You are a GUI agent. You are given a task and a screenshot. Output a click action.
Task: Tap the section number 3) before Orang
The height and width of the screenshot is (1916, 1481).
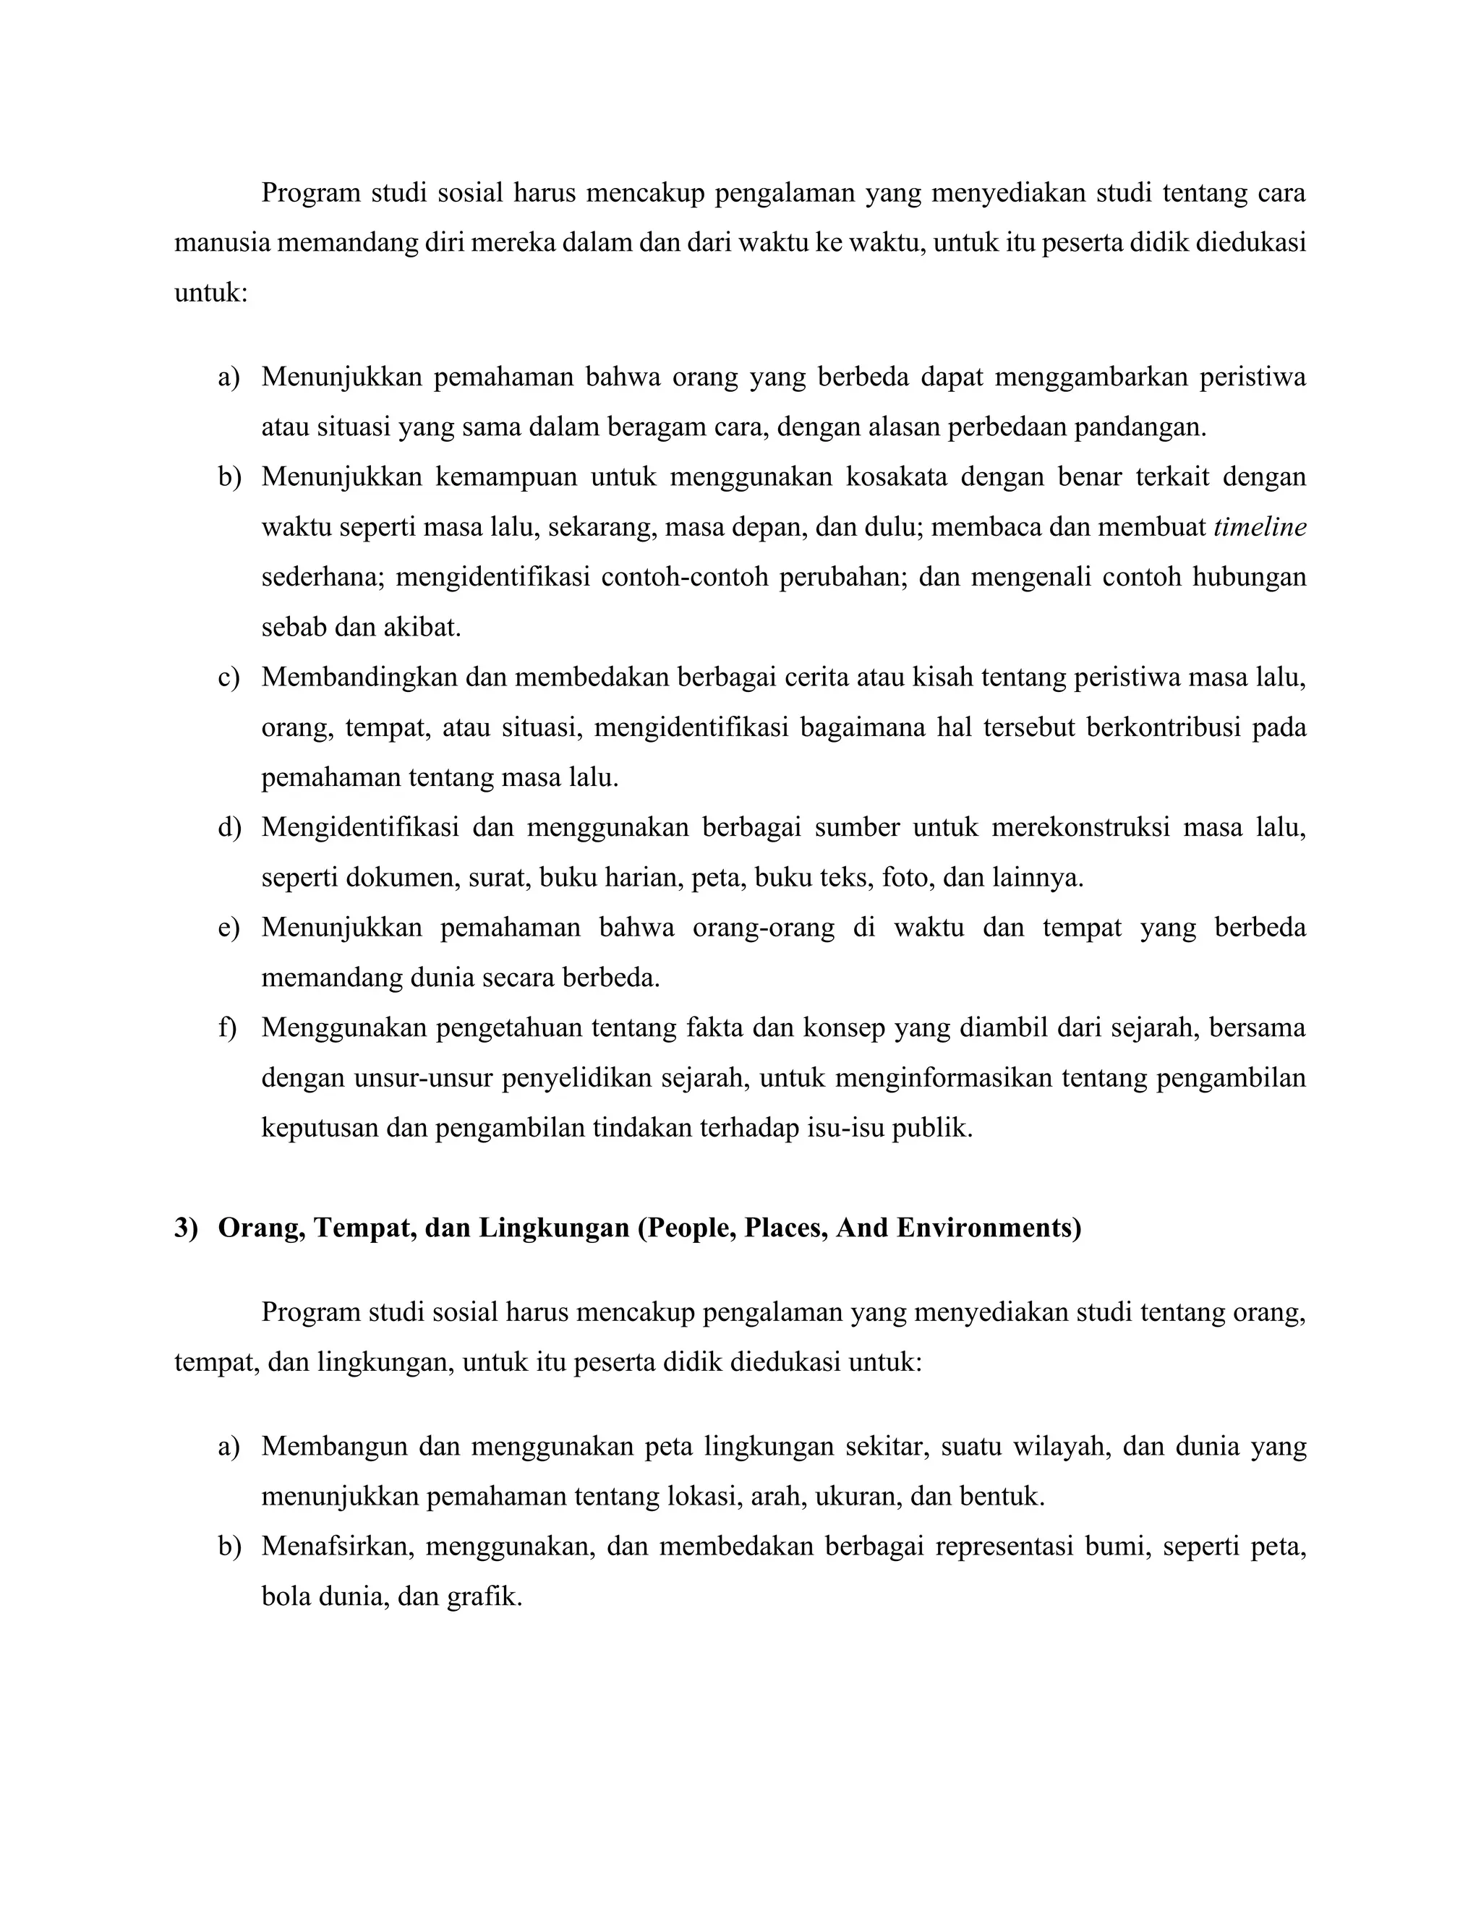187,1228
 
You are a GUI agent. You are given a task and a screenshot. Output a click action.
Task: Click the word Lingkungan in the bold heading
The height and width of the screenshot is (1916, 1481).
552,1228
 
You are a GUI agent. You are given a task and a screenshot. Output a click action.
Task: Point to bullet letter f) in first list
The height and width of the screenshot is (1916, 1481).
227,1027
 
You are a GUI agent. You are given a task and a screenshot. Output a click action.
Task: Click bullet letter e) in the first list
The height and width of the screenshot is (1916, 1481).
228,928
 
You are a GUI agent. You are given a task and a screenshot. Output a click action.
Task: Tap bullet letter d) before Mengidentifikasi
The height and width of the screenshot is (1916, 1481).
229,827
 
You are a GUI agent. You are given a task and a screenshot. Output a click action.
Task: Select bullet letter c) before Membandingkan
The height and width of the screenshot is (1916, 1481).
228,677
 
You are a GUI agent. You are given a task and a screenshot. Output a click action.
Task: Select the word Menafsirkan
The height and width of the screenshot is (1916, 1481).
337,1546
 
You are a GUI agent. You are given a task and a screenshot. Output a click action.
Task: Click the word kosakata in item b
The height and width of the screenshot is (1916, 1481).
897,477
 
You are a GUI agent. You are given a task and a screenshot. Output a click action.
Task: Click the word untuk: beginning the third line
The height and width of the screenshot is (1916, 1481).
210,292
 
